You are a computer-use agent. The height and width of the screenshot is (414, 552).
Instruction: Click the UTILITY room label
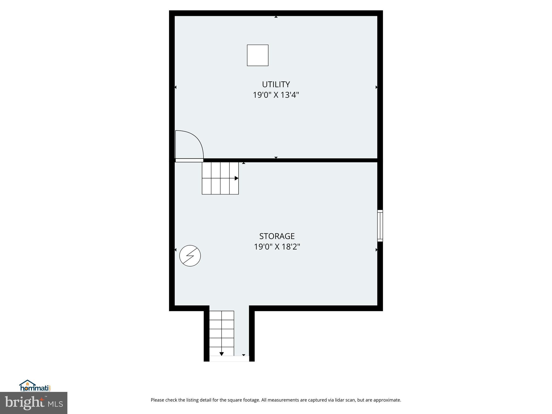coord(276,85)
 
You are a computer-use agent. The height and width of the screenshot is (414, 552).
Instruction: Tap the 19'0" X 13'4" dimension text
coord(276,95)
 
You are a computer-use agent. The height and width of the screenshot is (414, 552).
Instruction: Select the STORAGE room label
coord(277,236)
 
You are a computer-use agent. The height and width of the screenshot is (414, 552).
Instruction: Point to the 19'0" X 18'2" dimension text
coord(277,247)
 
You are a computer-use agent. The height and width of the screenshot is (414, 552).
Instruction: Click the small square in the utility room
coord(257,55)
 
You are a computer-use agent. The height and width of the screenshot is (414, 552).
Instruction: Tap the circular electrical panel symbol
coord(190,256)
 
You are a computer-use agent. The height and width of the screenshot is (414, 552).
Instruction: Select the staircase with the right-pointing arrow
coord(220,178)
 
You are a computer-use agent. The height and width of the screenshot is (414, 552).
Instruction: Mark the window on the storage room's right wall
coord(380,226)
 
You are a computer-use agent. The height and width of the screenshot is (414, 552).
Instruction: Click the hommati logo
coord(35,386)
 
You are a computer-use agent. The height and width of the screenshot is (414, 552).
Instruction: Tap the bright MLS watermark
coord(33,403)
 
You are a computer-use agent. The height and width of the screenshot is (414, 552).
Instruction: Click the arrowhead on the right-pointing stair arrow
coord(236,178)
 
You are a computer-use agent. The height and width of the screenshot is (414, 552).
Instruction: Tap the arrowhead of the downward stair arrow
coord(222,354)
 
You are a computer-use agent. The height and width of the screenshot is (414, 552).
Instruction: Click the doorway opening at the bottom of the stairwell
coord(229,359)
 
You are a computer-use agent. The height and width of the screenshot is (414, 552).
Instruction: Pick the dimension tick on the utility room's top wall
coord(276,17)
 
